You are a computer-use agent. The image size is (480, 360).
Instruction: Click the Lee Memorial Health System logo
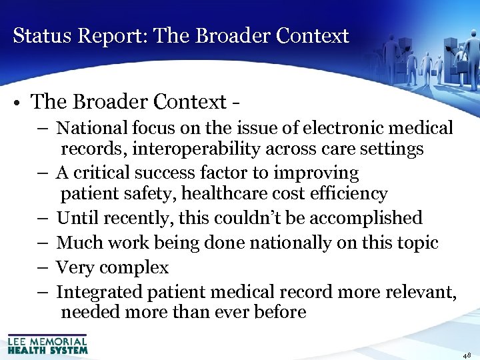47,344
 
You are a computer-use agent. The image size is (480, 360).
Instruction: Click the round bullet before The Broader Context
18,103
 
